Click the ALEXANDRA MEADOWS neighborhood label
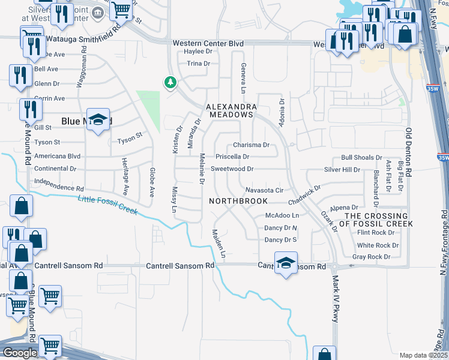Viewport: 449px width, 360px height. pyautogui.click(x=231, y=110)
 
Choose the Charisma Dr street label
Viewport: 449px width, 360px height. pyautogui.click(x=251, y=145)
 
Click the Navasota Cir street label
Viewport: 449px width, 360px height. pyautogui.click(x=264, y=190)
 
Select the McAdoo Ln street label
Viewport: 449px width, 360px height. pyautogui.click(x=282, y=215)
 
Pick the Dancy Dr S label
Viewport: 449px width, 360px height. pyautogui.click(x=281, y=240)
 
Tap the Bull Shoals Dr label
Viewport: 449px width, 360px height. pyautogui.click(x=361, y=158)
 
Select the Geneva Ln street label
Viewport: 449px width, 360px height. pyautogui.click(x=243, y=78)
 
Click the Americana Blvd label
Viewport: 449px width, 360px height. pyautogui.click(x=58, y=155)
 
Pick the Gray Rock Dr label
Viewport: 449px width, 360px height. pyautogui.click(x=371, y=257)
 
